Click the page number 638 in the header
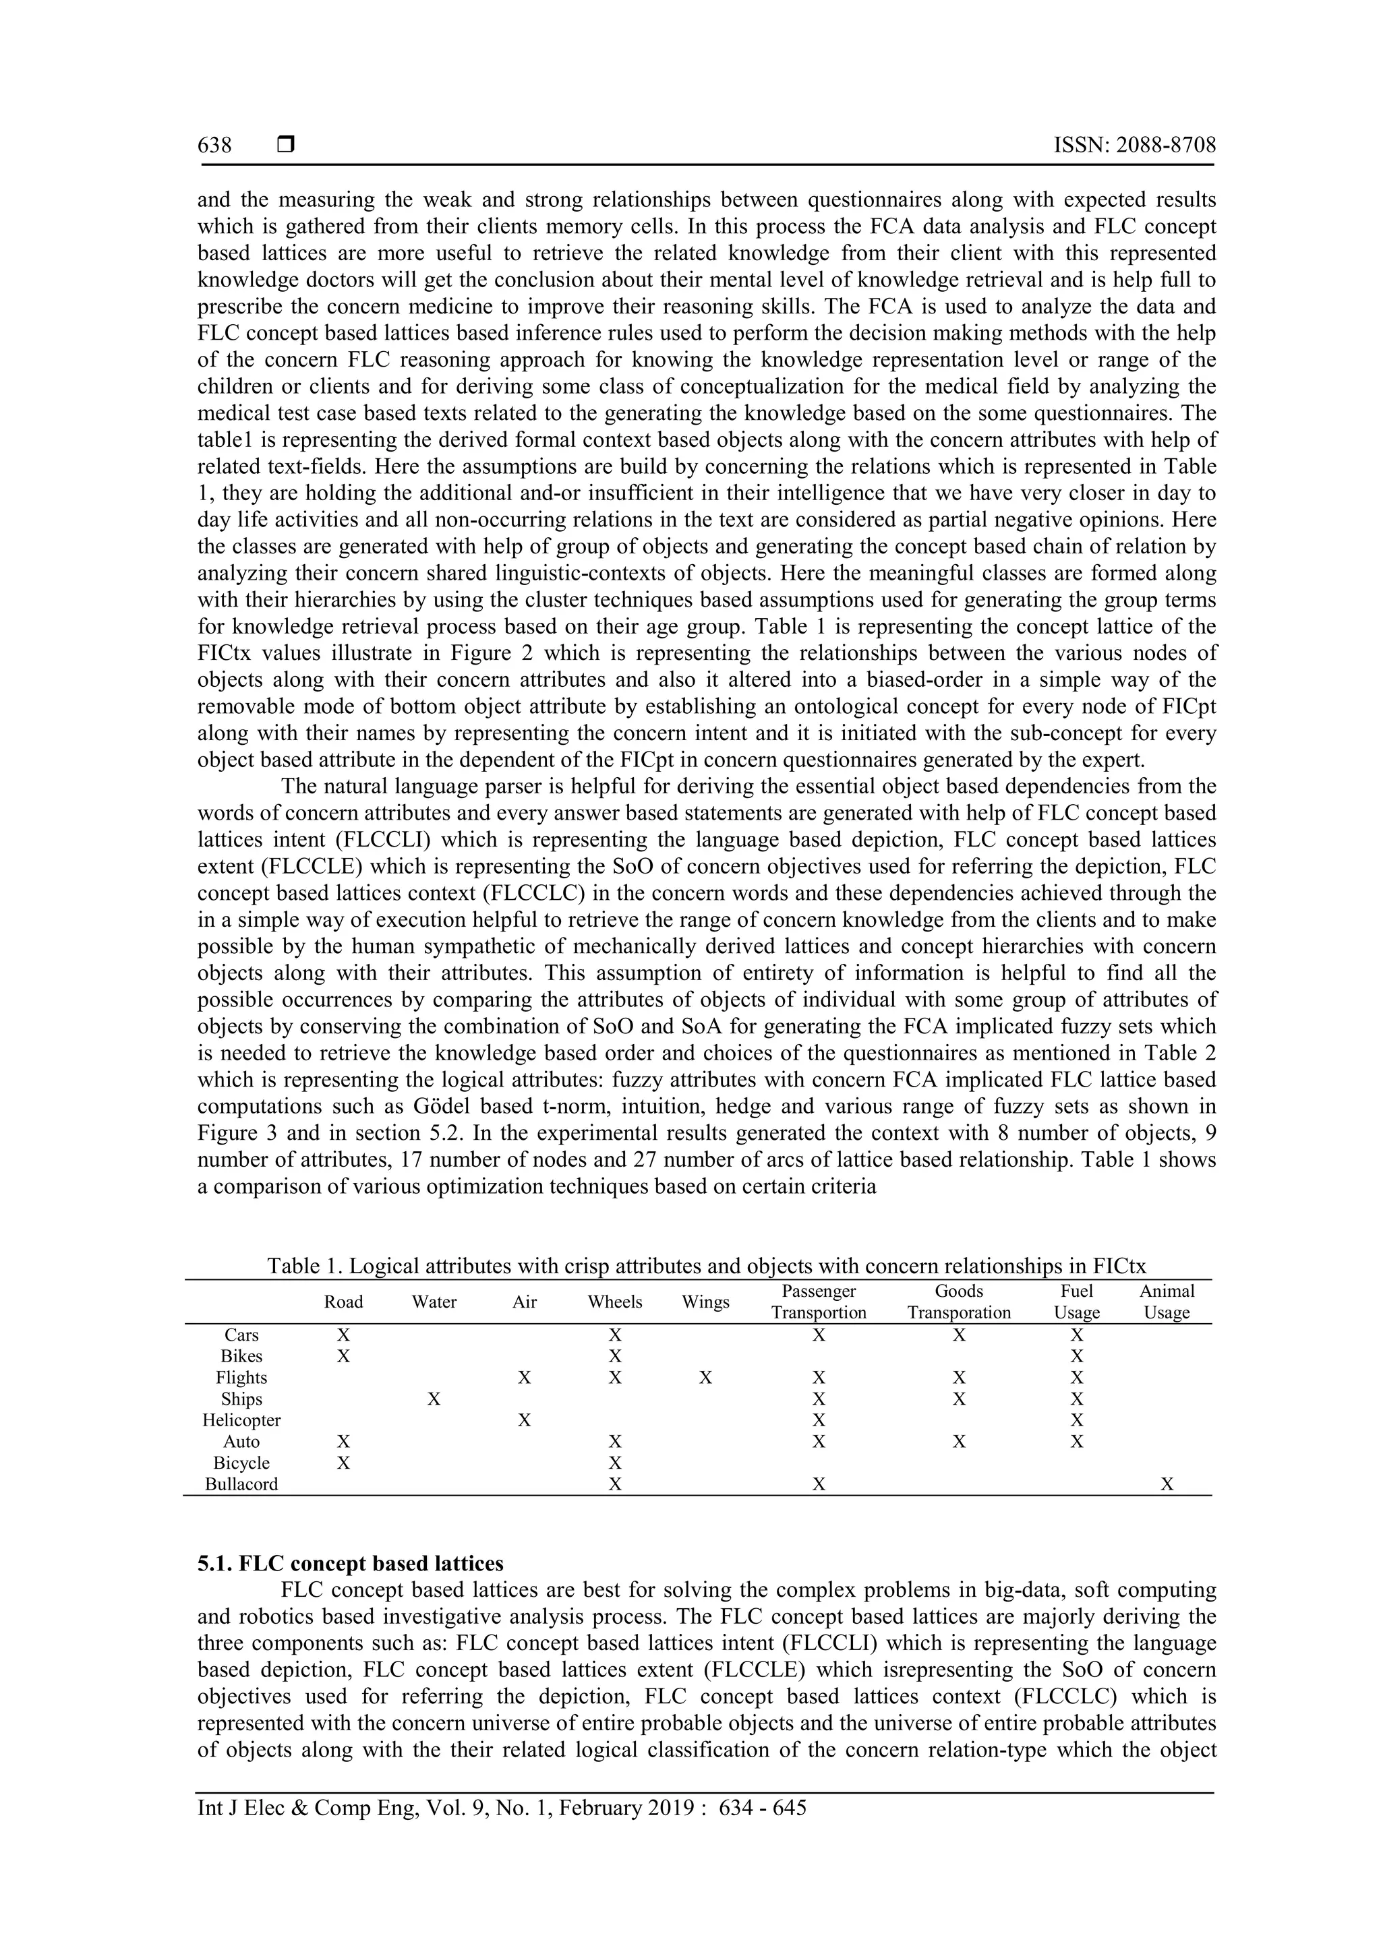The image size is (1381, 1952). pyautogui.click(x=214, y=146)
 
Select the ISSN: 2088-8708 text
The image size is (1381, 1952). pyautogui.click(x=1134, y=146)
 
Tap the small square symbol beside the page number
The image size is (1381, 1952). pyautogui.click(x=286, y=146)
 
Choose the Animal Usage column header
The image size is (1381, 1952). pyautogui.click(x=1167, y=1302)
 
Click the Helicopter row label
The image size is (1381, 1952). pyautogui.click(x=241, y=1420)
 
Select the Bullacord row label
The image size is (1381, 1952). pyautogui.click(x=241, y=1484)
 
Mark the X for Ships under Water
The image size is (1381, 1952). pyautogui.click(x=434, y=1399)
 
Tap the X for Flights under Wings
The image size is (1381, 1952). pyautogui.click(x=705, y=1377)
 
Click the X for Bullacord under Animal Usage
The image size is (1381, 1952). pyautogui.click(x=1167, y=1484)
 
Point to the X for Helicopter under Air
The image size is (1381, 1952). pyautogui.click(x=524, y=1420)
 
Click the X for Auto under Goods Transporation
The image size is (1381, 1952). pyautogui.click(x=958, y=1441)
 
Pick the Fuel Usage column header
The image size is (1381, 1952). pyautogui.click(x=1077, y=1302)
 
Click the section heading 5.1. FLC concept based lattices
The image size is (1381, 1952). pyautogui.click(x=351, y=1564)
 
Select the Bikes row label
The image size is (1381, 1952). pyautogui.click(x=241, y=1356)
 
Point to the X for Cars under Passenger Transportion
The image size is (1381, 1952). pyautogui.click(x=818, y=1335)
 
